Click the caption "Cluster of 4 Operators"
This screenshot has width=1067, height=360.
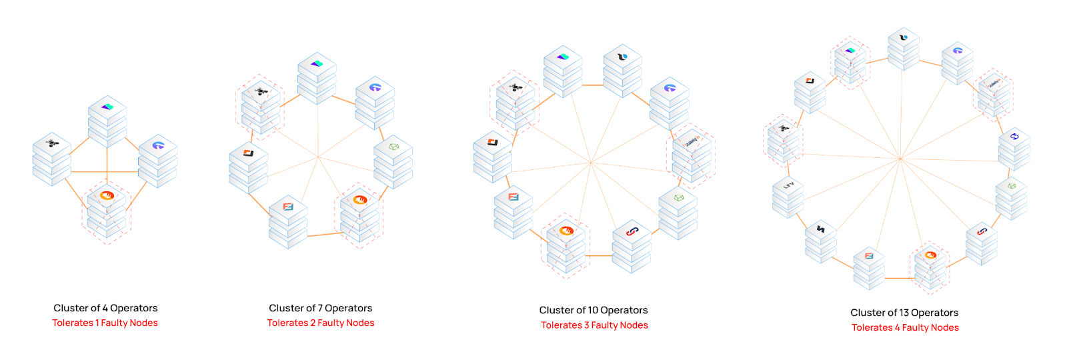105,308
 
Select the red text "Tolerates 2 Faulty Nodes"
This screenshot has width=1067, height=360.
321,323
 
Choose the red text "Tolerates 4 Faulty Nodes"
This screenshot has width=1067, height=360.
905,327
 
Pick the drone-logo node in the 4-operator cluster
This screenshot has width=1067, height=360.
52,159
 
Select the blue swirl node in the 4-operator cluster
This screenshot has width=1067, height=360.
157,161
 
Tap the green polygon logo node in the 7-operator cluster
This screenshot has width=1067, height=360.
393,162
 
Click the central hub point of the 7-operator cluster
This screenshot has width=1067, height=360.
318,157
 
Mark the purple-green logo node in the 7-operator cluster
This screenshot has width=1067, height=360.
317,79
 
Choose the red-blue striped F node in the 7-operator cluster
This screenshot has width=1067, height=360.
287,222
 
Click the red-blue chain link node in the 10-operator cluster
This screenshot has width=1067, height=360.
632,246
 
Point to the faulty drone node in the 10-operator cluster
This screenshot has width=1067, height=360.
515,103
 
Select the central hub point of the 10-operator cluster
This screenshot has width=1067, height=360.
591,163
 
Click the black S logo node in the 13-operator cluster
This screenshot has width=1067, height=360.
821,242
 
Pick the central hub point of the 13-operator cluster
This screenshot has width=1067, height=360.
900,159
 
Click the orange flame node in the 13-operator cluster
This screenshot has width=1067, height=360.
930,267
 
